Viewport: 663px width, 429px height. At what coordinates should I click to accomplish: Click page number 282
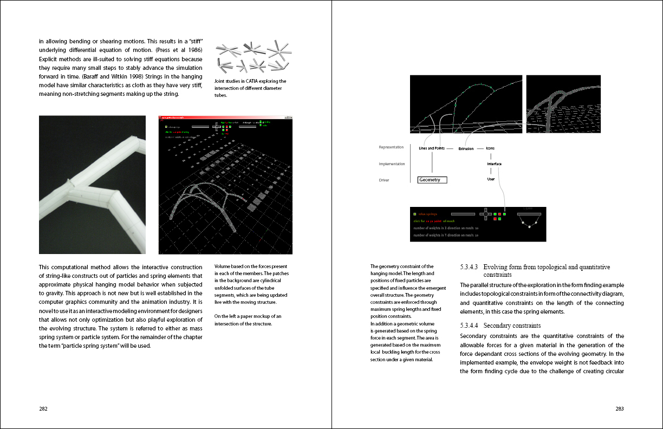[x=43, y=409]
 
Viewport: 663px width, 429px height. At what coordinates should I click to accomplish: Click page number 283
[x=620, y=409]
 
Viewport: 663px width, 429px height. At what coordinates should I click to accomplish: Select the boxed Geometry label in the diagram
[x=432, y=180]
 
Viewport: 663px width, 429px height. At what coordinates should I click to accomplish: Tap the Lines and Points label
[x=432, y=148]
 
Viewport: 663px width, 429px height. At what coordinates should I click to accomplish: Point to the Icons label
[x=490, y=148]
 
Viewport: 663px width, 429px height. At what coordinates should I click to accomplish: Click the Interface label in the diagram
[x=493, y=164]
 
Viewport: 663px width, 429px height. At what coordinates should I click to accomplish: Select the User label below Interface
[x=491, y=179]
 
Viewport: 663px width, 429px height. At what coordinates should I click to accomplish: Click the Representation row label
[x=391, y=147]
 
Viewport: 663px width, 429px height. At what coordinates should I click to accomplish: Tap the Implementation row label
[x=392, y=164]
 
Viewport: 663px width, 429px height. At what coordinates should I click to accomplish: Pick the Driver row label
[x=384, y=180]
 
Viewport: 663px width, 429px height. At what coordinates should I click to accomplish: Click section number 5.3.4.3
[x=469, y=267]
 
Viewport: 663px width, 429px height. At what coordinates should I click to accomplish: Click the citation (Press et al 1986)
[x=178, y=50]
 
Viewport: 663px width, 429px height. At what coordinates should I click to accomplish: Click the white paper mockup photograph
[x=92, y=184]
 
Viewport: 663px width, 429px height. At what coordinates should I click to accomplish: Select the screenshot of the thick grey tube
[x=563, y=104]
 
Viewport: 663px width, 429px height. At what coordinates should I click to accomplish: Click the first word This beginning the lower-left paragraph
[x=44, y=267]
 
